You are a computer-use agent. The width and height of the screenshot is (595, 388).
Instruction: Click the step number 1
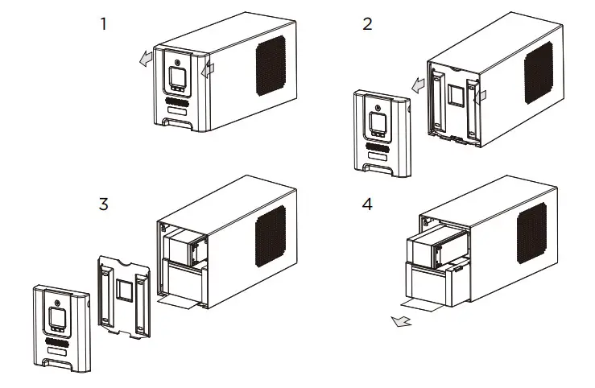click(102, 23)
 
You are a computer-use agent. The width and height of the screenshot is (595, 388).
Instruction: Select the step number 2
click(367, 23)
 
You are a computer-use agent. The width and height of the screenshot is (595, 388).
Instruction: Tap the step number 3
click(103, 203)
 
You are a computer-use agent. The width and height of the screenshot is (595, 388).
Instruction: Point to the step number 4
click(367, 203)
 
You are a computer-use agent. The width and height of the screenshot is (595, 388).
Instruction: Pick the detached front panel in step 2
click(382, 133)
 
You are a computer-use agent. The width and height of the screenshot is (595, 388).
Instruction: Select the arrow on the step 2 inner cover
click(481, 97)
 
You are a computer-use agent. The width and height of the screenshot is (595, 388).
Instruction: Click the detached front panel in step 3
click(60, 326)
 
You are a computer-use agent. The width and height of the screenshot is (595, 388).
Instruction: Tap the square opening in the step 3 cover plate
click(125, 289)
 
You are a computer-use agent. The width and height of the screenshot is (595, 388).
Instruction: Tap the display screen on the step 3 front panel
click(57, 316)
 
